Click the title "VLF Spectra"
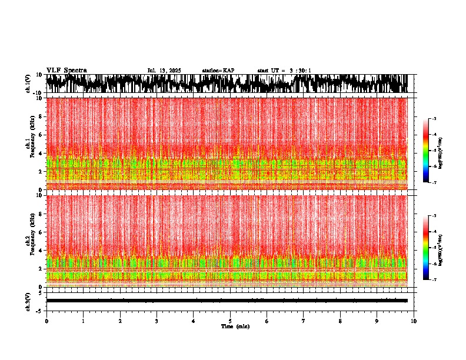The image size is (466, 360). point(66,70)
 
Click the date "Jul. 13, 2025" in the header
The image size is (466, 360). point(164,71)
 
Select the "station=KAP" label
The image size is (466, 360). point(218,71)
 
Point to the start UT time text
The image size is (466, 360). point(284,71)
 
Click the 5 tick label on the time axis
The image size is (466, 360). point(230,321)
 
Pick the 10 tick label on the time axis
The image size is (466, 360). point(414,321)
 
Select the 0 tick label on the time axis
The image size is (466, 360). point(46,321)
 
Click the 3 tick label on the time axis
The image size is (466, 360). point(157,321)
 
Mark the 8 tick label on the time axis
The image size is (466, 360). point(340,321)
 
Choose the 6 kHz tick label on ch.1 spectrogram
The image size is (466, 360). point(41,135)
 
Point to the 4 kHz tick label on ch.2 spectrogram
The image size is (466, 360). point(41,250)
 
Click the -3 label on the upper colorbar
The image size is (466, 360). point(435,119)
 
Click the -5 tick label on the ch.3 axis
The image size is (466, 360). point(40,310)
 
